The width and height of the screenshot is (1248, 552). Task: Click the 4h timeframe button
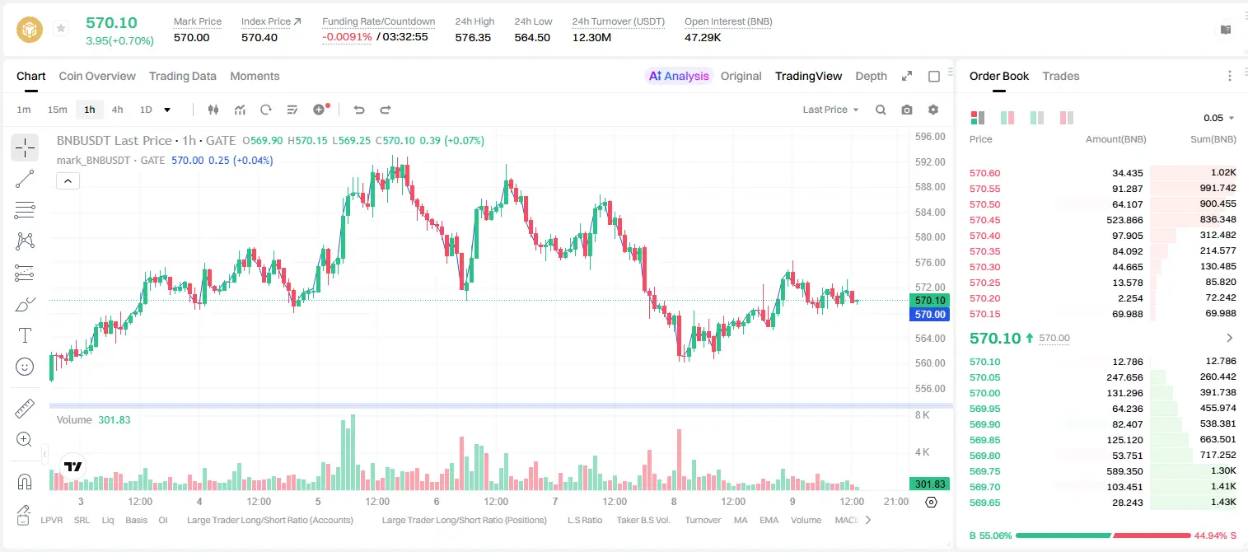[x=117, y=110]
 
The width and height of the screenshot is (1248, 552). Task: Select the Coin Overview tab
[x=97, y=76]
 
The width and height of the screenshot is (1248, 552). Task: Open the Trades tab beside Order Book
[x=1061, y=76]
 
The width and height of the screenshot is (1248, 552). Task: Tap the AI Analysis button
[x=679, y=76]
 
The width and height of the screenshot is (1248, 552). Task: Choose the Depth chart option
[x=871, y=76]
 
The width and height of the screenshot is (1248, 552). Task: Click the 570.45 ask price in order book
[x=984, y=220]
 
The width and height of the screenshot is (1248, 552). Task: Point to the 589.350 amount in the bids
[x=1124, y=471]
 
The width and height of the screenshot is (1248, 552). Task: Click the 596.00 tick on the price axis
[x=930, y=137]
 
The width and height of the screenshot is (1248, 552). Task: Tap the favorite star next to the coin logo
[x=61, y=28]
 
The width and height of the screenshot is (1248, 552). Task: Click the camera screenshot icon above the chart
[x=907, y=110]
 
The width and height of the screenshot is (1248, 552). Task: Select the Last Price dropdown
[x=830, y=110]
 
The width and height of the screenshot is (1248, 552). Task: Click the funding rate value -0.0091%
[x=347, y=37]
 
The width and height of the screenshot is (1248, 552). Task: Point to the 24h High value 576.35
[x=473, y=37]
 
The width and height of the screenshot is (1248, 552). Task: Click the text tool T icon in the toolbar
[x=25, y=335]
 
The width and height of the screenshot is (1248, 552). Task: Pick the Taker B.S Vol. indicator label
[x=643, y=520]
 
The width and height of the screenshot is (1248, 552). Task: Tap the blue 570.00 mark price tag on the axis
[x=930, y=314]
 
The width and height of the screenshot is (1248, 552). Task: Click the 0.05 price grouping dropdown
[x=1218, y=118]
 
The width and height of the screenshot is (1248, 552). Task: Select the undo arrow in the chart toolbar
[x=359, y=110]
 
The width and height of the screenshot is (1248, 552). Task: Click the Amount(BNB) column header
[x=1115, y=139]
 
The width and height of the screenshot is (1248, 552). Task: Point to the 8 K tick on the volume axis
[x=922, y=415]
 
